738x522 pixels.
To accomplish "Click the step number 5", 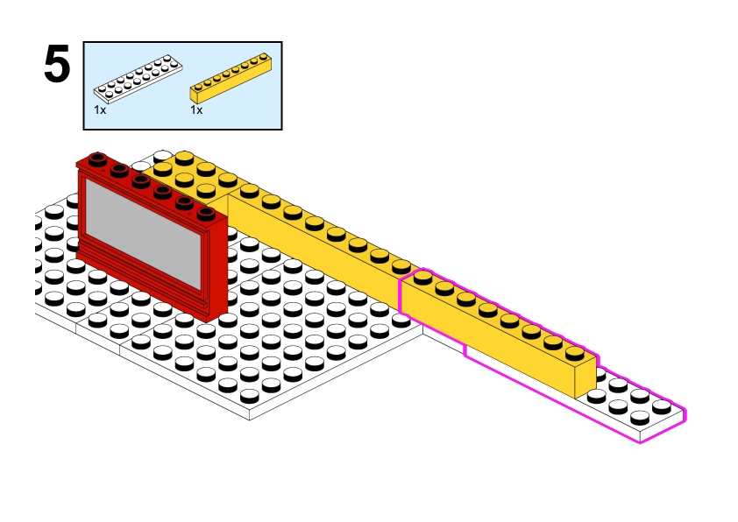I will (57, 66).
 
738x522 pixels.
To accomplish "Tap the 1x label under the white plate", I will (100, 111).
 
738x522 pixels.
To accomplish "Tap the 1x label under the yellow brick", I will (196, 111).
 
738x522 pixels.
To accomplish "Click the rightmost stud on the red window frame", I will (207, 213).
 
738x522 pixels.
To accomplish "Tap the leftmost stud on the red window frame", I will (97, 159).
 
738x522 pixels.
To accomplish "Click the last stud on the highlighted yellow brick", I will (574, 352).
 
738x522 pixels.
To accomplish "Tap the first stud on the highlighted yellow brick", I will (422, 278).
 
